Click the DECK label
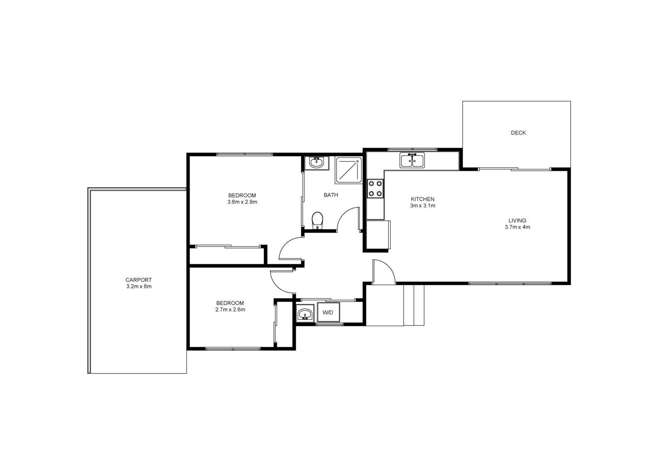pos(518,133)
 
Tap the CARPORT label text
pos(138,280)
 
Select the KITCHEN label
pos(422,199)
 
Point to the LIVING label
pos(517,220)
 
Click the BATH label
pos(331,195)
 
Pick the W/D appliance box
pos(328,312)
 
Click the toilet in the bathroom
pos(317,220)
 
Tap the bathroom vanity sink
pos(316,162)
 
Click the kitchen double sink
pos(412,160)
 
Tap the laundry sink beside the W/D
pos(305,313)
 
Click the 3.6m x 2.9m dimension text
pos(242,202)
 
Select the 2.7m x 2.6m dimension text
pos(230,309)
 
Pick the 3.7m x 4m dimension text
pos(517,227)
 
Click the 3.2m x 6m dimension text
pos(138,286)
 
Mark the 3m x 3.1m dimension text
pos(422,206)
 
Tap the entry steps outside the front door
pos(414,305)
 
